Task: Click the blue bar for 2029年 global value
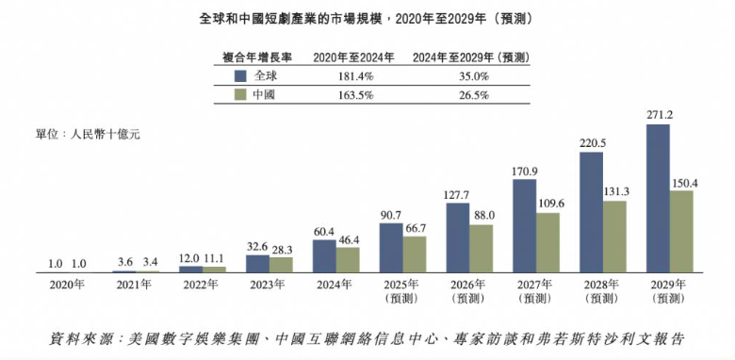(x=657, y=198)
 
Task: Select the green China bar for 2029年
(x=680, y=231)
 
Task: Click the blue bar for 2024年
(x=324, y=255)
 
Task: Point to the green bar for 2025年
(x=415, y=254)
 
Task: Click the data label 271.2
(x=659, y=115)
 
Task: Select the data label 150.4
(x=681, y=182)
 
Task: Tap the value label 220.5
(x=592, y=143)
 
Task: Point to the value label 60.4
(x=324, y=231)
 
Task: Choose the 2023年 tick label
(x=267, y=285)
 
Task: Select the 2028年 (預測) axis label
(x=601, y=290)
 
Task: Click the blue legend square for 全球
(x=240, y=74)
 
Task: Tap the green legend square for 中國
(x=240, y=94)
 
